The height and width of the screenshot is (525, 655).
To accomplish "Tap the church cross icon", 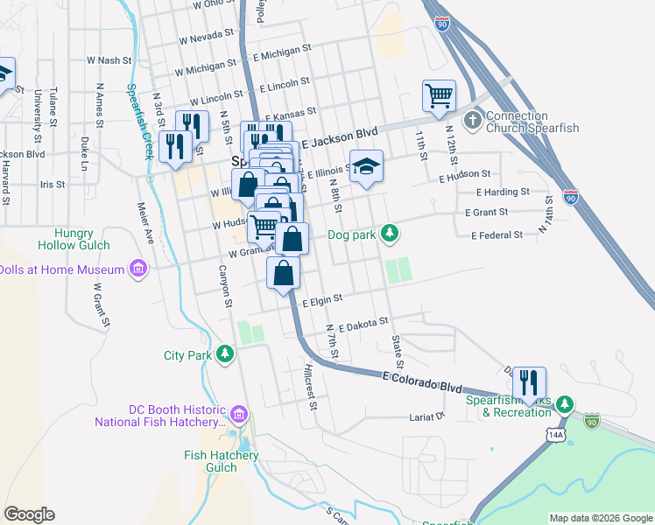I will (473, 118).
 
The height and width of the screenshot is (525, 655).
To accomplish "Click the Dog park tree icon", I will (391, 234).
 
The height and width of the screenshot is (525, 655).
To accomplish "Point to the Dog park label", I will (353, 234).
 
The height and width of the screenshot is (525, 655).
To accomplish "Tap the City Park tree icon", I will (226, 353).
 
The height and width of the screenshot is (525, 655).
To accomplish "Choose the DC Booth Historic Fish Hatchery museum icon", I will (239, 412).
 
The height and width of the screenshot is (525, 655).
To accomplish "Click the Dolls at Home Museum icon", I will (137, 267).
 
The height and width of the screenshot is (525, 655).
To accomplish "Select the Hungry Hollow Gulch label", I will (80, 240).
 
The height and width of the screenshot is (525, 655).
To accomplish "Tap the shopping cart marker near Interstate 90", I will (439, 95).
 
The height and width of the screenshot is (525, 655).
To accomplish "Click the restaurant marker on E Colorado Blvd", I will (529, 382).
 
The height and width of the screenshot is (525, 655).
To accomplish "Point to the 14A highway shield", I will (554, 434).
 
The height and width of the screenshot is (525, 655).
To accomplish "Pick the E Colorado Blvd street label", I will (422, 381).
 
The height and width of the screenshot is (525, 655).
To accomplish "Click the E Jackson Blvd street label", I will (339, 137).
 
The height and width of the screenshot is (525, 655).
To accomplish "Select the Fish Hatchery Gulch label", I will (222, 461).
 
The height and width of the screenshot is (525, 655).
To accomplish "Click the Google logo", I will (29, 514).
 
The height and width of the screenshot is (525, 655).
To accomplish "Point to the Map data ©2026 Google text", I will (600, 518).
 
